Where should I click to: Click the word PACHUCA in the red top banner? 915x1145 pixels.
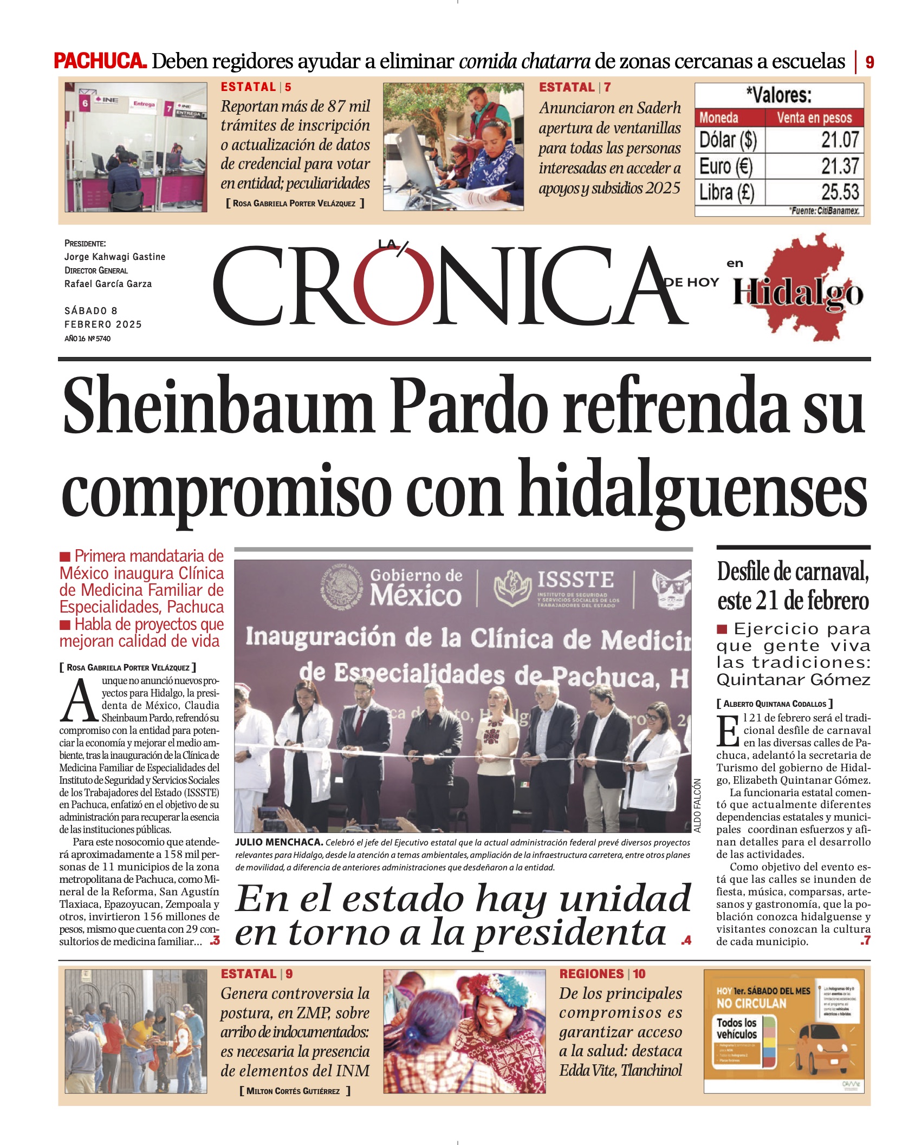coord(100,61)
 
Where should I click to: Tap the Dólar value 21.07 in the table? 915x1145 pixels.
coord(840,140)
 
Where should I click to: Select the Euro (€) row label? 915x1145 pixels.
coord(726,166)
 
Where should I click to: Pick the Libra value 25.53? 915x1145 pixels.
coord(840,192)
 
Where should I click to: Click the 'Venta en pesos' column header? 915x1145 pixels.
coord(814,118)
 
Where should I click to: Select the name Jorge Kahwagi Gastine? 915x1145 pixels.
coord(115,257)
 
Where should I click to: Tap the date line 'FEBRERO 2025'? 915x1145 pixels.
coord(103,324)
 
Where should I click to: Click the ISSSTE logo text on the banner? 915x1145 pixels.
coord(575,580)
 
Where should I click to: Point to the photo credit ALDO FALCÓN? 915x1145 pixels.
coord(697,805)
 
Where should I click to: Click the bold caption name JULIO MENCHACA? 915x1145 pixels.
coord(279,842)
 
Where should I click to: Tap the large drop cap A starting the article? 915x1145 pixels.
coord(79,701)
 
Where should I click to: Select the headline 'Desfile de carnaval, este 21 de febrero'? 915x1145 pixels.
coord(793,586)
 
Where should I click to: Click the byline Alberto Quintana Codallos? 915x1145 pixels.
coord(775,704)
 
